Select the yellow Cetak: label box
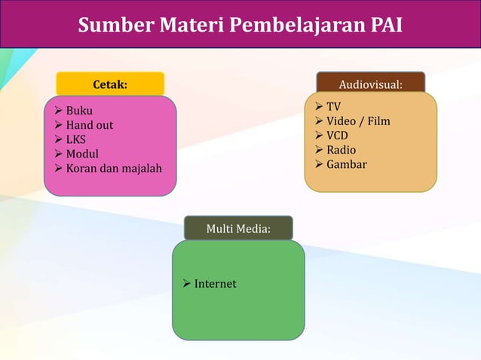coord(110,84)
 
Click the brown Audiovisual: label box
coord(370,83)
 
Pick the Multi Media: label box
coord(238,227)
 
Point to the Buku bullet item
coord(79,111)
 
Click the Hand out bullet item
coord(89,125)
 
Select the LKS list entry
coord(75,139)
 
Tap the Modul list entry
coord(82,154)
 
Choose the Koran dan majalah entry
coord(113,168)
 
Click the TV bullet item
coord(333,107)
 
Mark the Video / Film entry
coord(357,121)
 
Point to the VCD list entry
coord(337,136)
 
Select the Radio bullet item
coord(341,150)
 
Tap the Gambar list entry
coord(346,164)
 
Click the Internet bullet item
coord(215,284)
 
